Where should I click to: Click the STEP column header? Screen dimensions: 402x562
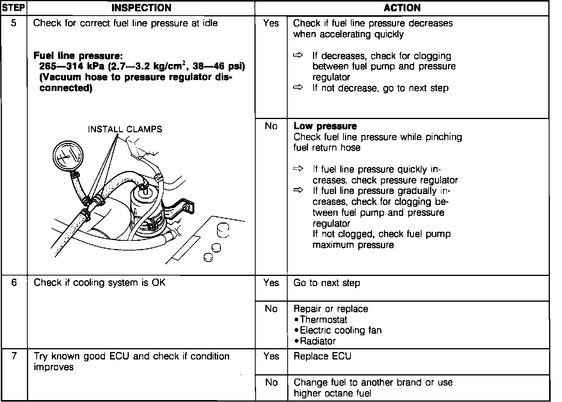coord(14,8)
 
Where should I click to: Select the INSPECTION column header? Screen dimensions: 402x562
coord(141,8)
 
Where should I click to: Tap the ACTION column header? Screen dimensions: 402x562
coord(402,8)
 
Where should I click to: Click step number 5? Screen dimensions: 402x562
coord(14,23)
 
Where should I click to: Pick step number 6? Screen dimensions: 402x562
coord(14,283)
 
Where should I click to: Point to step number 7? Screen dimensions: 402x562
coord(14,356)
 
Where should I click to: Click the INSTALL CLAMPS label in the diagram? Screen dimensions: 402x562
coord(125,129)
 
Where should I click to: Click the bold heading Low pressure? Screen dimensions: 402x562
coord(325,126)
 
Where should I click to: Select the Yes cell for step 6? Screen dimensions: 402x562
coord(271,283)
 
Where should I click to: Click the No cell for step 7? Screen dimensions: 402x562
coord(271,382)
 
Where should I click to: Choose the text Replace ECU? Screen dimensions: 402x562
coord(322,356)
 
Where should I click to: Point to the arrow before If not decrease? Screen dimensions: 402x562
coord(298,88)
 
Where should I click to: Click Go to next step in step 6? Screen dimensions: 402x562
coord(327,283)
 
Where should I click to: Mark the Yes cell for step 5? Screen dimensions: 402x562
coord(271,23)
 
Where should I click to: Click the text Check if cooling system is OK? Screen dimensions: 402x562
coord(100,283)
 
